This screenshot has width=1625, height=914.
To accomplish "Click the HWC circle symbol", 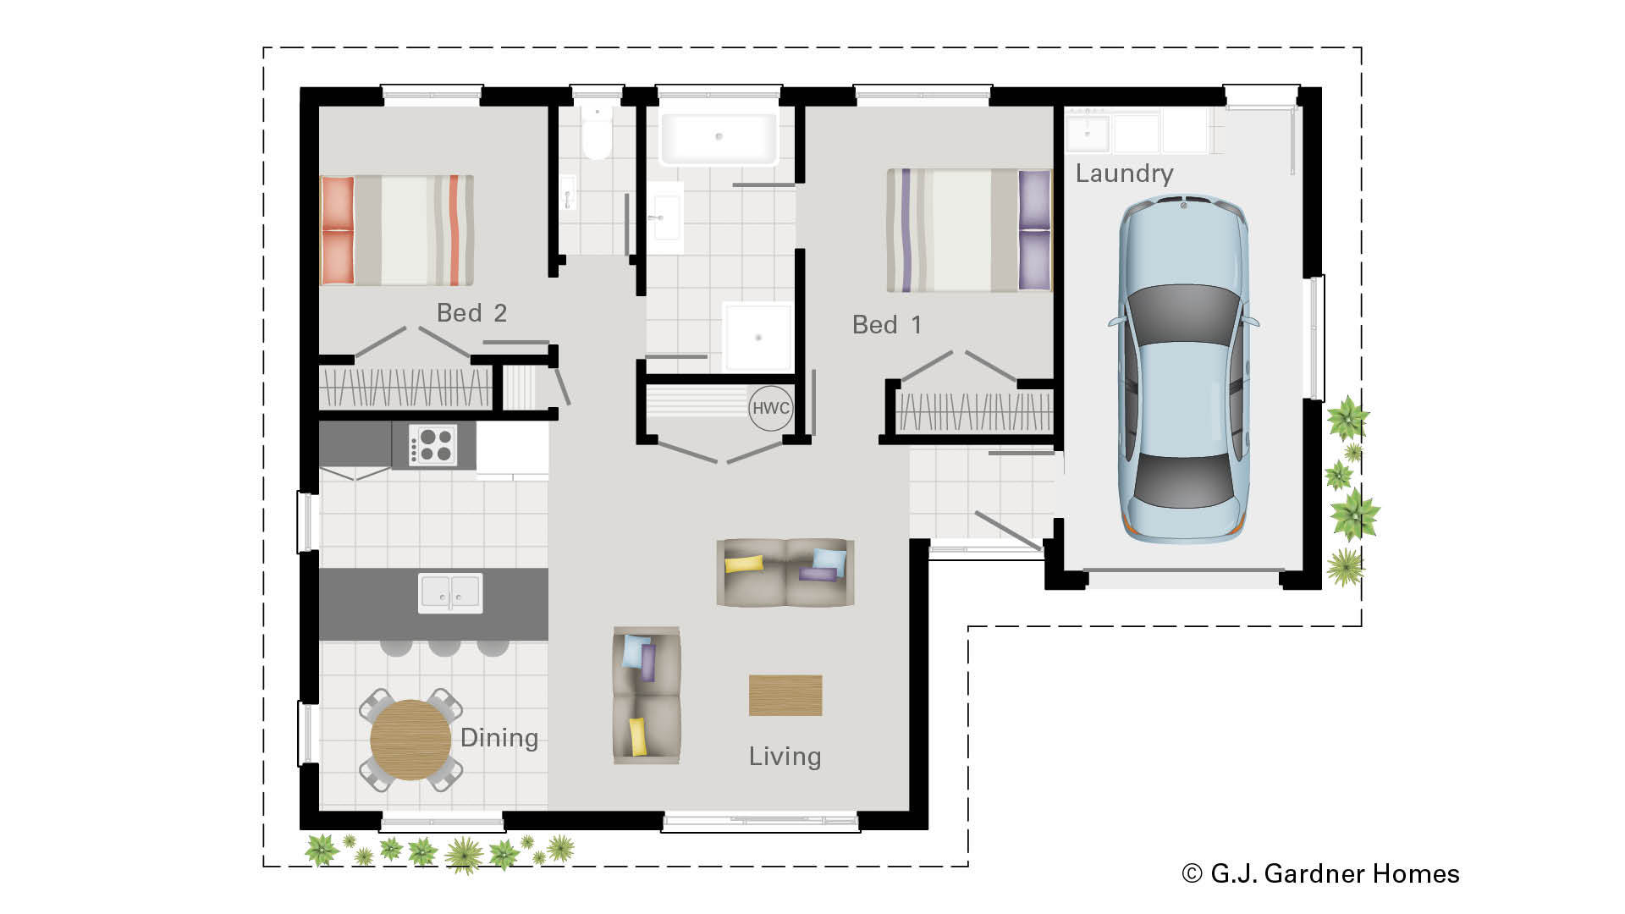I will [771, 408].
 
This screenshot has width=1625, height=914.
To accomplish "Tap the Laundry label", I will [1124, 173].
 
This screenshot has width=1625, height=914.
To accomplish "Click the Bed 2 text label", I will [471, 313].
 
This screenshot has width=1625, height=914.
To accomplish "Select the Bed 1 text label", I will [886, 325].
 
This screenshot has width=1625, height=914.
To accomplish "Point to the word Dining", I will [499, 738].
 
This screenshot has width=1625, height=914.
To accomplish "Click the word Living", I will [785, 757].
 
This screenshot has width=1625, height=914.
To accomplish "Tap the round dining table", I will [410, 740].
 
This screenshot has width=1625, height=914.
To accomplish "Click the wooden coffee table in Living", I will [785, 695].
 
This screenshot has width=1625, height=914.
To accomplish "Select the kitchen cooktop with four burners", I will [432, 445].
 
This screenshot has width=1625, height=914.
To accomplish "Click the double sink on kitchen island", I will [450, 592].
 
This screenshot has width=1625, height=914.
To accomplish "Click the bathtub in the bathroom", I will [718, 138].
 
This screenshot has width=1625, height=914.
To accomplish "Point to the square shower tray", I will [757, 337].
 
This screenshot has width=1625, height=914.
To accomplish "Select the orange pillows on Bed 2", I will [337, 230].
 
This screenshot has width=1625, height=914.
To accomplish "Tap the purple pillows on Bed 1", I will [1034, 229].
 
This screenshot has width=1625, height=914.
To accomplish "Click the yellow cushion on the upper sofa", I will [744, 564].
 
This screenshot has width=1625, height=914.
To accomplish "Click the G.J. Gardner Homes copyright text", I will [1320, 873].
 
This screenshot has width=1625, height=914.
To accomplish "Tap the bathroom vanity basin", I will [664, 217].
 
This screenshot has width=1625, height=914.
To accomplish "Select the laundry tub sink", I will [1087, 134].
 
